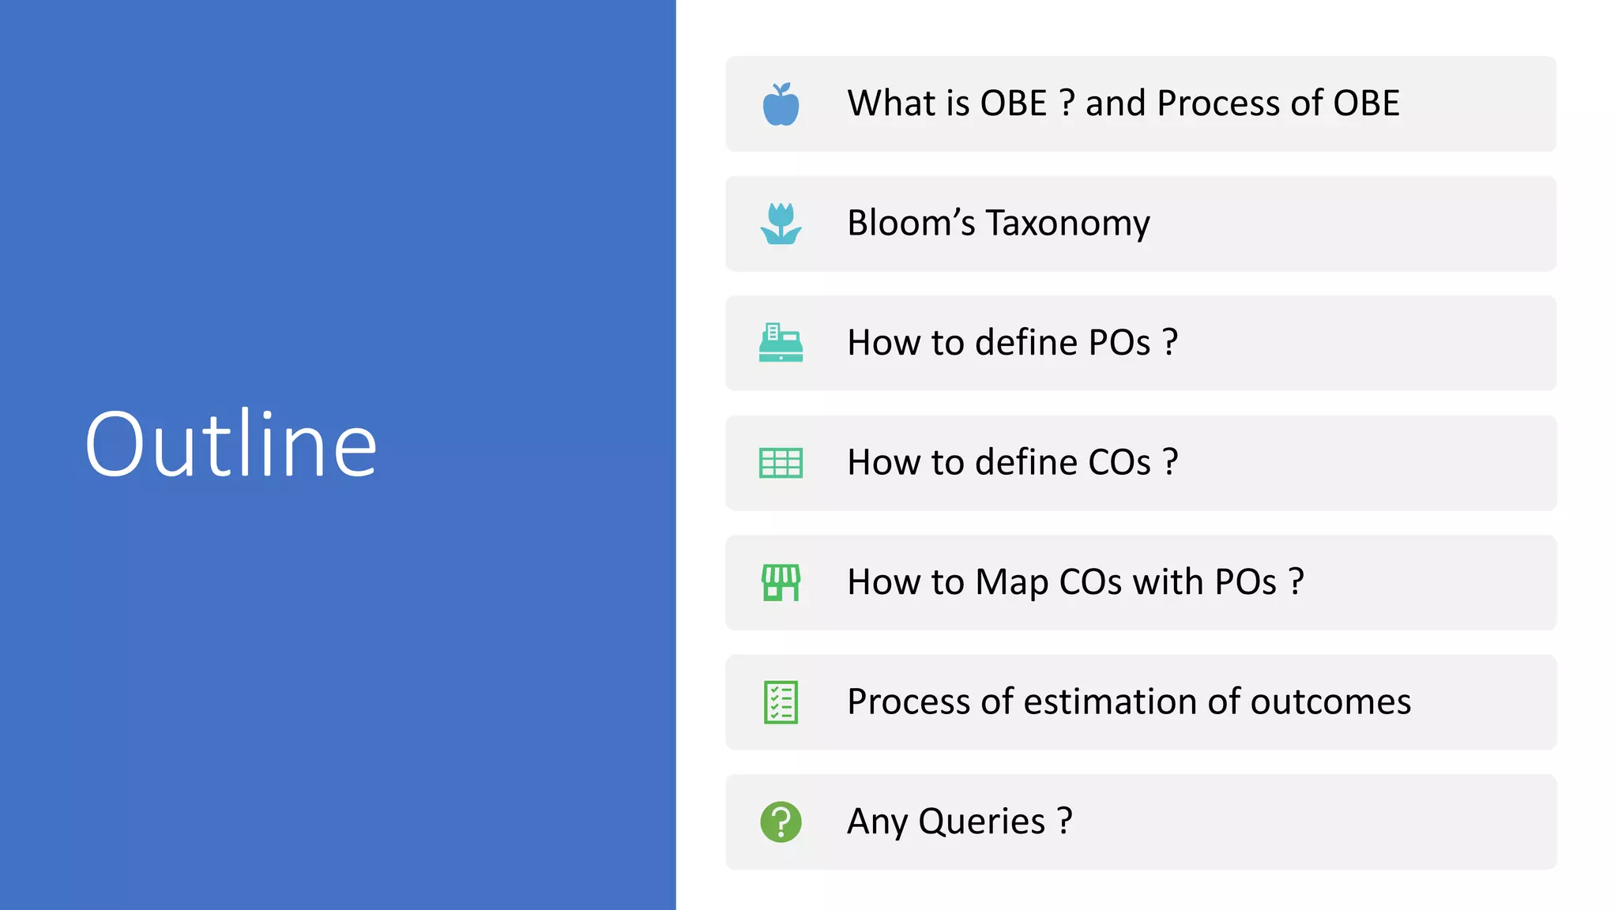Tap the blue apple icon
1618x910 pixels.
coord(781,104)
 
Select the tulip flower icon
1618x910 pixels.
coord(781,224)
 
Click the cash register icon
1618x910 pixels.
coord(781,343)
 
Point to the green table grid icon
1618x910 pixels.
coord(781,463)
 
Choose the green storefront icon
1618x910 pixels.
coord(781,582)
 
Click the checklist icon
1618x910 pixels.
coord(781,702)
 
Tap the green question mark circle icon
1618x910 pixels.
coord(781,822)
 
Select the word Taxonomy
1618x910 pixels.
coord(1068,224)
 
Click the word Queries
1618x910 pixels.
coord(981,822)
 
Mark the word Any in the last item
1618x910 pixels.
coord(877,822)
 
